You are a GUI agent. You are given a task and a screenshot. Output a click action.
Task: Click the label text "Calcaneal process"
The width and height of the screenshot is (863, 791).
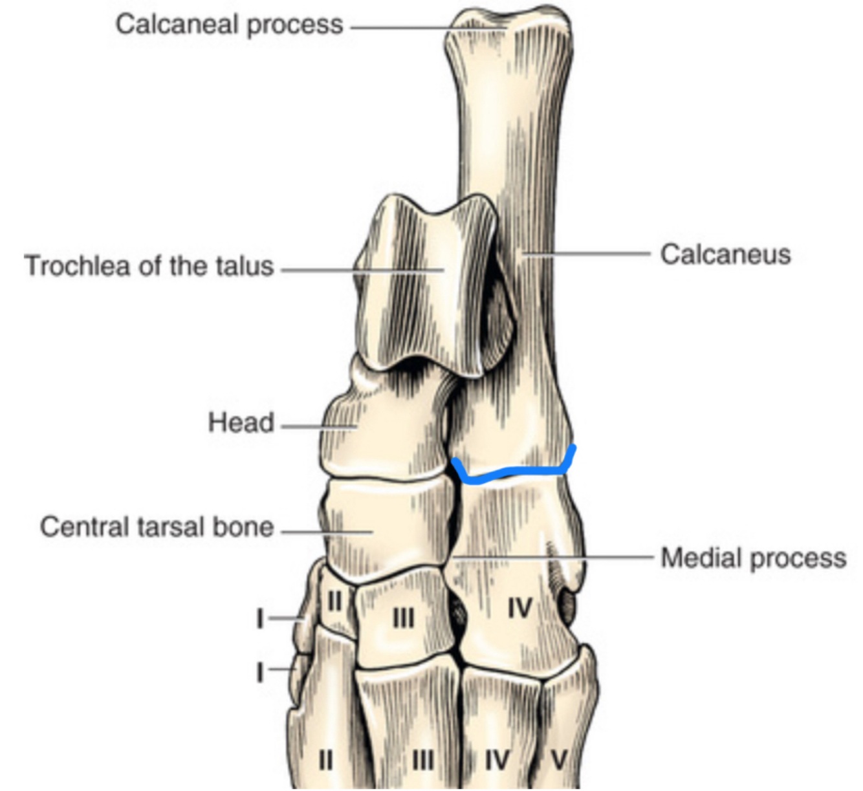(229, 25)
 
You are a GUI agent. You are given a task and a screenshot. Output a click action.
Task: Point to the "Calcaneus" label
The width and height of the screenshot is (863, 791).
(725, 254)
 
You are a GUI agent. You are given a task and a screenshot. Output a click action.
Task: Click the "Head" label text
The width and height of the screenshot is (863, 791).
(241, 423)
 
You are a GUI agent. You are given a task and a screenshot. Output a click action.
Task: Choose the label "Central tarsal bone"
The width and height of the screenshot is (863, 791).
(157, 526)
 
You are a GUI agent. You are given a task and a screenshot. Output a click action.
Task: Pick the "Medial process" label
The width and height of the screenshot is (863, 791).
(753, 558)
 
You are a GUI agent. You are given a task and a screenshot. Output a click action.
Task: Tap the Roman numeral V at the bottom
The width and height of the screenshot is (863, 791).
(558, 760)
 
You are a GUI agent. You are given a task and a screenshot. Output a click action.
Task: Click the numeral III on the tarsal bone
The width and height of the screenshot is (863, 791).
(404, 619)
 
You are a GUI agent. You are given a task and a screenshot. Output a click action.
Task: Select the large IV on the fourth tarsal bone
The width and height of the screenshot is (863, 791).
(519, 609)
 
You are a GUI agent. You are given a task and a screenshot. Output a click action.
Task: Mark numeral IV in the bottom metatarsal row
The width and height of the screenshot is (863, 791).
(497, 760)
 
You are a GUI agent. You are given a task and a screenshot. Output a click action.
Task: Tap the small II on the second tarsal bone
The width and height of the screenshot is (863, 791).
(334, 601)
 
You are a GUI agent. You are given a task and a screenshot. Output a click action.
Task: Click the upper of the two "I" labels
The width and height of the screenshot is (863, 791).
(259, 619)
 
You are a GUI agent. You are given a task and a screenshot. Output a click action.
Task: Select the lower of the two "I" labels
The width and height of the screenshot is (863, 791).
(259, 672)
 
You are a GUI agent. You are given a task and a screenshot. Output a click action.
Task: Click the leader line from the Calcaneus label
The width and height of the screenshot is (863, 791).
(589, 254)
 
